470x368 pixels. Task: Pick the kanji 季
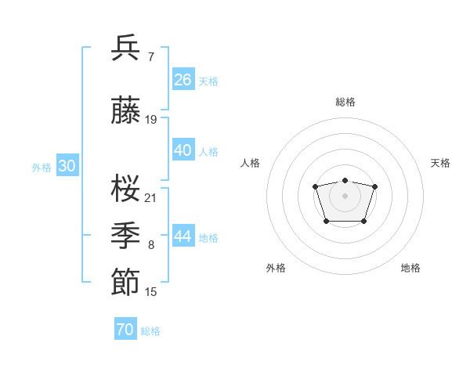pos(126,236)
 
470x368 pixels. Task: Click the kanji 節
pos(126,283)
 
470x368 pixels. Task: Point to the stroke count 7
pos(150,56)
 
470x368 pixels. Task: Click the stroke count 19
pos(151,120)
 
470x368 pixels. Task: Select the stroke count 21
pos(151,197)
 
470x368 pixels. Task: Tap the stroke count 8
pos(150,245)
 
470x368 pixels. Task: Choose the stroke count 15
pos(151,292)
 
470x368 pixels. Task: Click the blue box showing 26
pos(183,80)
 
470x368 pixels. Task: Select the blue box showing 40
pos(183,150)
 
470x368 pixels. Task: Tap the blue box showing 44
pos(183,236)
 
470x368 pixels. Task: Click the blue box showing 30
pos(67,166)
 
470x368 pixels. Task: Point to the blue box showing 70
pos(125,330)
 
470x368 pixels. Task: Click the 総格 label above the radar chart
pos(345,102)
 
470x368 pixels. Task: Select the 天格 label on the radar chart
pos(440,163)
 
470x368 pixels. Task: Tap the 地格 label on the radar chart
pos(410,268)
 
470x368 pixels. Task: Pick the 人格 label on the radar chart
pos(251,163)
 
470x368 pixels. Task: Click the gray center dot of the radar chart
pos(345,195)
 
